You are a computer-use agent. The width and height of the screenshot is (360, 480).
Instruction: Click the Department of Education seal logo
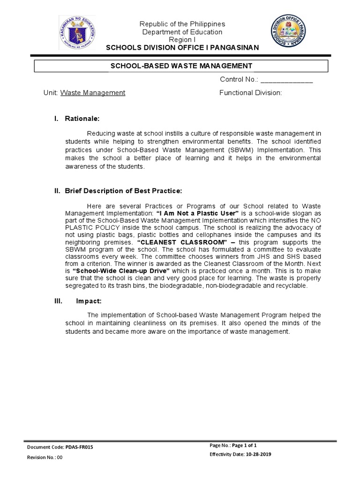pyautogui.click(x=78, y=32)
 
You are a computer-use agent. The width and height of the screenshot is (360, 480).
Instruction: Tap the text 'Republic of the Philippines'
pyautogui.click(x=183, y=24)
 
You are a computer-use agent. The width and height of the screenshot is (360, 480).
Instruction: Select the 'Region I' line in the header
pyautogui.click(x=183, y=40)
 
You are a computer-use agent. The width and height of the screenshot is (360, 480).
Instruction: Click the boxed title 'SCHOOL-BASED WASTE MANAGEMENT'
pyautogui.click(x=181, y=66)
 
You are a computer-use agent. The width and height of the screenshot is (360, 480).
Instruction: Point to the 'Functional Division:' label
pyautogui.click(x=251, y=93)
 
